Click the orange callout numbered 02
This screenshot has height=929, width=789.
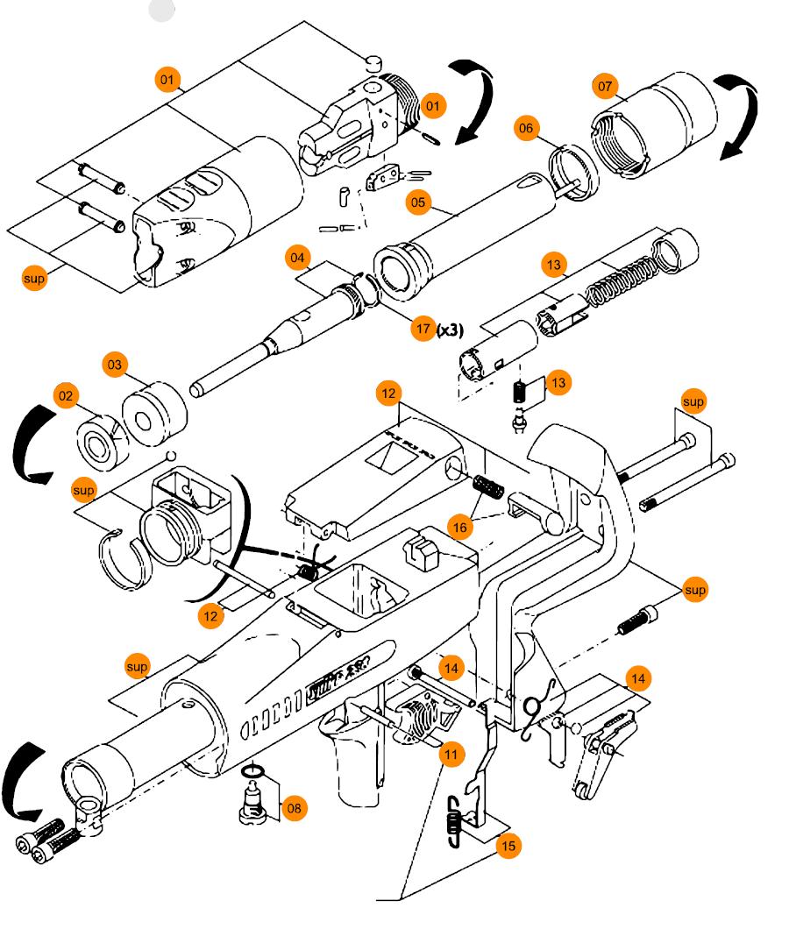point(66,396)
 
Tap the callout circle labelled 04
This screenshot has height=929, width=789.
point(298,259)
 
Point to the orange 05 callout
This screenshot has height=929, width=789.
point(418,202)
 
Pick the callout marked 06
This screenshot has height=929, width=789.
point(526,129)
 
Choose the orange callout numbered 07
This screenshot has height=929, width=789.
point(606,87)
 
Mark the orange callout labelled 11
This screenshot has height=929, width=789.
point(451,754)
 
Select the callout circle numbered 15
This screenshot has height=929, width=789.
point(508,846)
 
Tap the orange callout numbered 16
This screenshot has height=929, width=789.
point(458,527)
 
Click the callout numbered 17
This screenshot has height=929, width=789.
point(424,330)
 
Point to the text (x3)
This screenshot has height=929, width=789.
point(451,330)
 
